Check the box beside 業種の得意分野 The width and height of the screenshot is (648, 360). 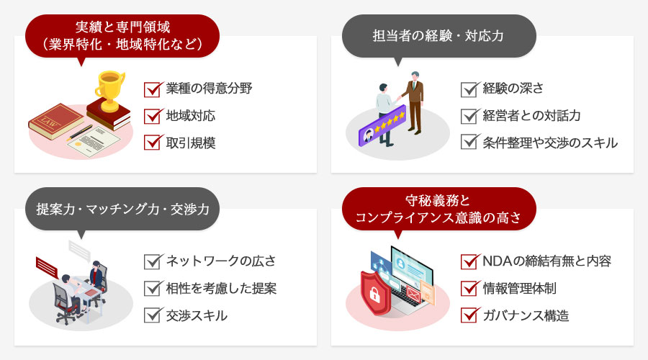(152, 89)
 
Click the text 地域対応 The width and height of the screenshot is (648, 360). (190, 115)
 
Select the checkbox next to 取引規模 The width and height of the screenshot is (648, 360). (152, 142)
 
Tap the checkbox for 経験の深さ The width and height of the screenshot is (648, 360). (469, 89)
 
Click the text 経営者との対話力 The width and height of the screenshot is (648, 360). (532, 115)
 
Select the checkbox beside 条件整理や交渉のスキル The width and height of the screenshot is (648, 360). (469, 142)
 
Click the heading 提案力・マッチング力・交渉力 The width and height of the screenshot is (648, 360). (122, 209)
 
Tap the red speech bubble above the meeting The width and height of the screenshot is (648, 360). (47, 266)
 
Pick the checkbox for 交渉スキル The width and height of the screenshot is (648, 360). (152, 315)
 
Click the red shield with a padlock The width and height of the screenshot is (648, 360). (376, 291)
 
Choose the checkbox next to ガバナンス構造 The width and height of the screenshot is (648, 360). (469, 315)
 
